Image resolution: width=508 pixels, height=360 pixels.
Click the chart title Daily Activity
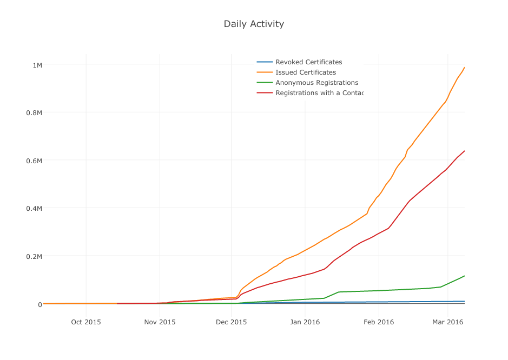(254, 24)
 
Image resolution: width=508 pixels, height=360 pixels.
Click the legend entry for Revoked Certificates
(308, 62)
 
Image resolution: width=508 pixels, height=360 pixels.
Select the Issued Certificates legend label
(305, 72)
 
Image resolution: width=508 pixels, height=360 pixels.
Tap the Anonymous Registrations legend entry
(316, 83)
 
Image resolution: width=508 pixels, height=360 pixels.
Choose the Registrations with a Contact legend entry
(319, 93)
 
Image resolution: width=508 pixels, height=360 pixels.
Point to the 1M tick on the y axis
(37, 65)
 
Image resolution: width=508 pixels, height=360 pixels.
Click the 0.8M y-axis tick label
(35, 112)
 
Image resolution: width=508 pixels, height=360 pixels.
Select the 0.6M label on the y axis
(35, 161)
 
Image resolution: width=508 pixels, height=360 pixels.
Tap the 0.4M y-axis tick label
(35, 208)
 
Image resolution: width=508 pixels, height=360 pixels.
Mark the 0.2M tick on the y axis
(35, 256)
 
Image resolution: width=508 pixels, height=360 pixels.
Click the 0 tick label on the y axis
(39, 304)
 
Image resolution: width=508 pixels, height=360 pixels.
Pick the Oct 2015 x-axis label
(86, 322)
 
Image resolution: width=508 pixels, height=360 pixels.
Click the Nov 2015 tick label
(160, 322)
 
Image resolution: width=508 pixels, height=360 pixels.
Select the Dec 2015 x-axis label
(231, 322)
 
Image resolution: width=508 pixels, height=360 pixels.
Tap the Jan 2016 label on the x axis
(305, 322)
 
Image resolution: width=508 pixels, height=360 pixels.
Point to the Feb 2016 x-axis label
(378, 322)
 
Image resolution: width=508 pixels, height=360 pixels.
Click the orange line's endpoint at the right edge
(464, 68)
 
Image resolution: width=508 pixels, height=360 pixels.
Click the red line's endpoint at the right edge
(464, 151)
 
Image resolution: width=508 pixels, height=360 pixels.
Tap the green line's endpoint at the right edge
(464, 276)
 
